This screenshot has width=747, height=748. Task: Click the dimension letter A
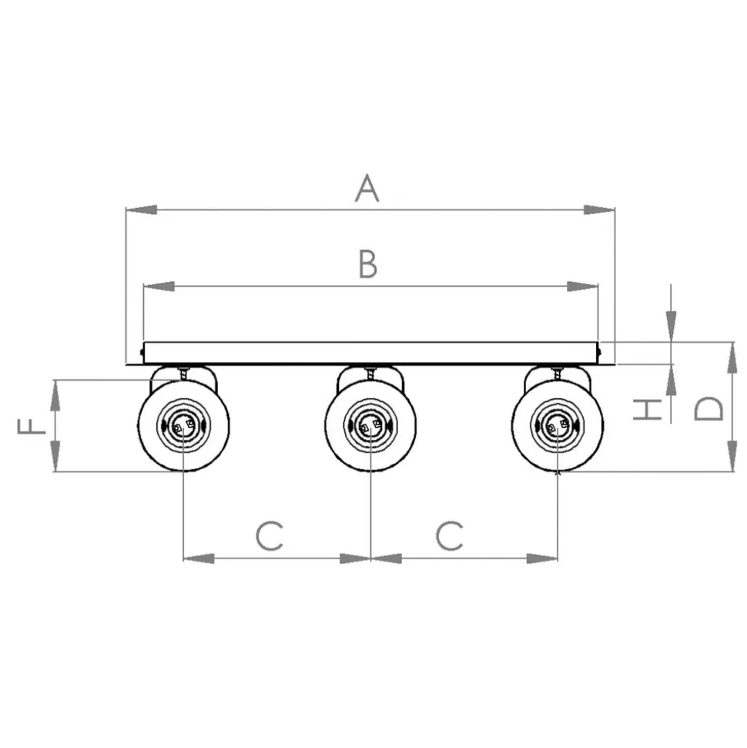[x=367, y=188]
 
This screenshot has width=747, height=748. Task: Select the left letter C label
[x=270, y=535]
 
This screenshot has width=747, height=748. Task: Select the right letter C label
[x=449, y=535]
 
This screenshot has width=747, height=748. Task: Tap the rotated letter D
[x=708, y=408]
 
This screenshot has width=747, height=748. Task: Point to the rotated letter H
[x=648, y=410]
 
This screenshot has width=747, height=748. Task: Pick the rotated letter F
[x=32, y=426]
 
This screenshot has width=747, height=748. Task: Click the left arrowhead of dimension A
[x=141, y=210]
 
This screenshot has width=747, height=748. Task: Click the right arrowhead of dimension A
[x=600, y=210]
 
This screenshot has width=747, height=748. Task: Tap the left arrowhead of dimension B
[x=159, y=287]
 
